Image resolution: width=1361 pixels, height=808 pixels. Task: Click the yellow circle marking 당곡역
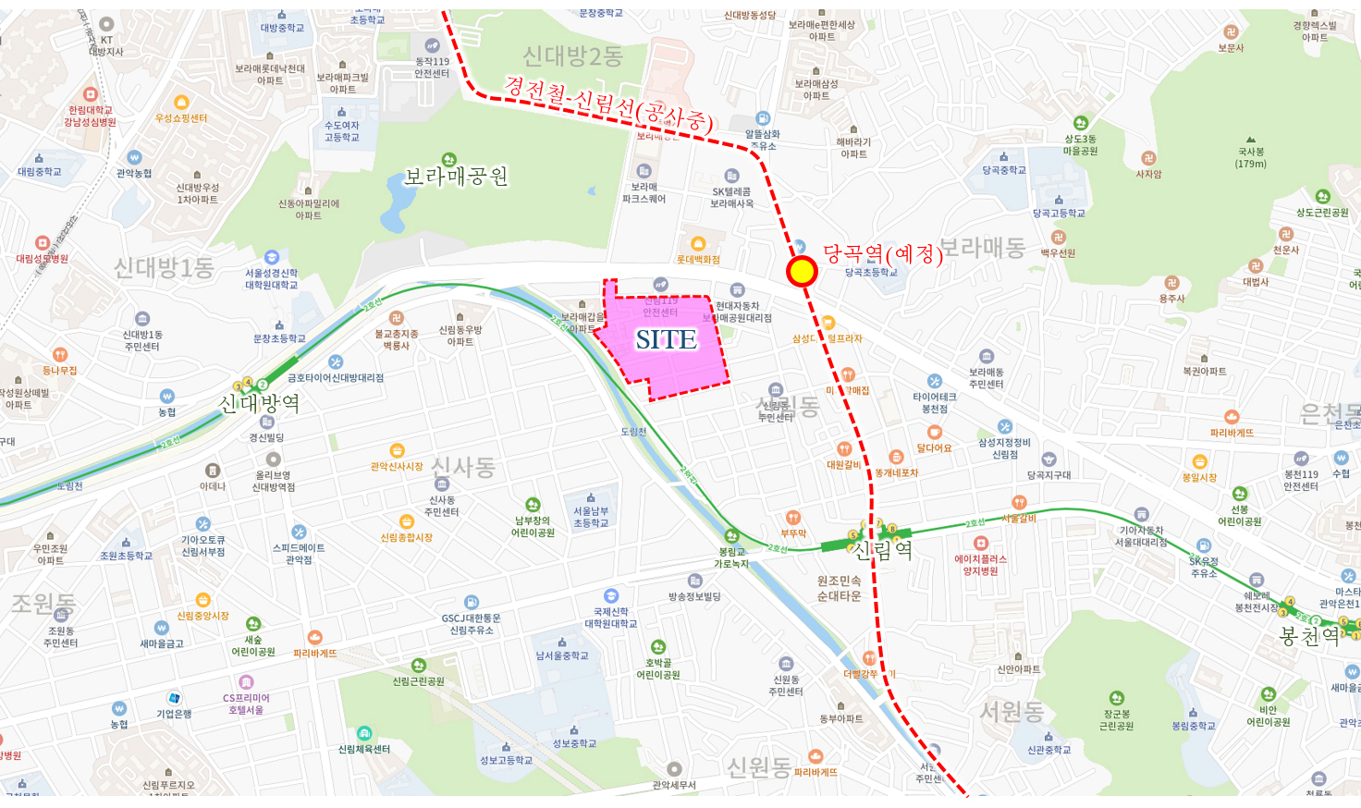click(802, 271)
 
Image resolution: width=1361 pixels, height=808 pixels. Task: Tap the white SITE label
click(666, 340)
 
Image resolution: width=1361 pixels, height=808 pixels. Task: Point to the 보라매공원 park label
click(457, 177)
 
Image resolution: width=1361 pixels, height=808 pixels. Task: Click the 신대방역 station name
click(259, 403)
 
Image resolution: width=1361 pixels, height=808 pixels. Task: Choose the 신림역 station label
click(882, 550)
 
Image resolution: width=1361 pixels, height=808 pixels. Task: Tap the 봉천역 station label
click(1309, 636)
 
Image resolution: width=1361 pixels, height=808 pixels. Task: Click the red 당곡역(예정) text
click(883, 252)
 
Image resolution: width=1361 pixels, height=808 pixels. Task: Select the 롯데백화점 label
click(698, 260)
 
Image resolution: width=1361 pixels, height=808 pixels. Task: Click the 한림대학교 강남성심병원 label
click(91, 116)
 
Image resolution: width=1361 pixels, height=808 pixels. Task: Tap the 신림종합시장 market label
click(407, 537)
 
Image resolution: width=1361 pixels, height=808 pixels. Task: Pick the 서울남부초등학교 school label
click(591, 517)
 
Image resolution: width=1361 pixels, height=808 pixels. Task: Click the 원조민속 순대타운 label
click(839, 588)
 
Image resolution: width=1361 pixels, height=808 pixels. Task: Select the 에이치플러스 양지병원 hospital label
click(980, 565)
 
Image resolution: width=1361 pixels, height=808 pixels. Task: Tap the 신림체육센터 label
click(364, 749)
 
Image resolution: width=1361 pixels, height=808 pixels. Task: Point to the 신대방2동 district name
click(573, 56)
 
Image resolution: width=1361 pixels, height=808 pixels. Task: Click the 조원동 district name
click(43, 603)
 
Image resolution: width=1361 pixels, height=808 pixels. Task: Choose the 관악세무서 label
click(674, 785)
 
